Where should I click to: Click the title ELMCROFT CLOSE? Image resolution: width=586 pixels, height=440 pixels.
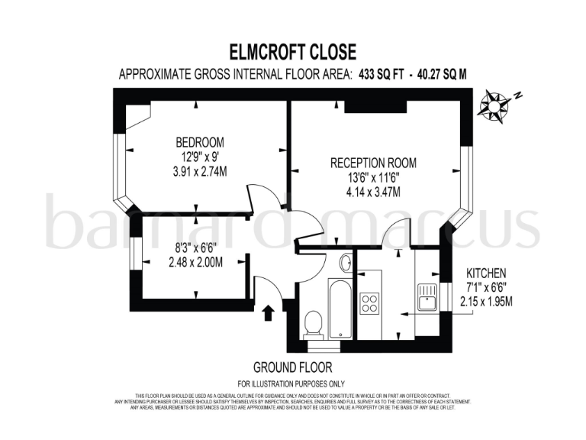coord(293,52)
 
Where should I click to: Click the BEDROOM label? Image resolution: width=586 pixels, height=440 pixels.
coord(200,142)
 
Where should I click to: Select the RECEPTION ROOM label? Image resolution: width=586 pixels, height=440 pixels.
coord(373,163)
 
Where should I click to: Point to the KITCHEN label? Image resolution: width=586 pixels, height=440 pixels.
coord(485,273)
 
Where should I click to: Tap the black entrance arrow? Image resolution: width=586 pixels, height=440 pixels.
coord(266,312)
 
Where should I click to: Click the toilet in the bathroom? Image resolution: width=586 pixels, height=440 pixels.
coord(311,324)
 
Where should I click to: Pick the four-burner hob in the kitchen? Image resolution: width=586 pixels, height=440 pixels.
coord(369,300)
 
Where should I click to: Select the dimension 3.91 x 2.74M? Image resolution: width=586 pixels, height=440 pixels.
coord(200,172)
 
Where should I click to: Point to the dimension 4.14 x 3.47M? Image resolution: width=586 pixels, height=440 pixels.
coord(373,192)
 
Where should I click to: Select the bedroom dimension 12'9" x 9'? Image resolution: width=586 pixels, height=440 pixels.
coord(200,157)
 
